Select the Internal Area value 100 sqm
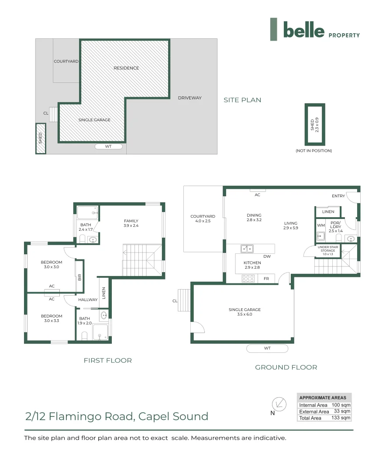click(x=341, y=405)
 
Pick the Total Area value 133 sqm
click(x=341, y=418)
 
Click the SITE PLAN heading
click(x=242, y=100)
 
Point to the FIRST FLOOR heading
click(x=107, y=360)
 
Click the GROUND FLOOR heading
click(x=286, y=367)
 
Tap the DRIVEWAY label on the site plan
click(x=190, y=98)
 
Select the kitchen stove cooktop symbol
click(x=248, y=278)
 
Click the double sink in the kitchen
click(x=247, y=249)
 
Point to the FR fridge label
click(x=266, y=278)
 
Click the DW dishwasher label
click(x=267, y=256)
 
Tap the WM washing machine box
click(x=320, y=225)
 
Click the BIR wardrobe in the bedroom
click(x=79, y=276)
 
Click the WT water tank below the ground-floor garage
click(x=267, y=348)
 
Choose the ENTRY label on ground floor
click(x=338, y=196)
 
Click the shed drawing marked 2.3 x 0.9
click(x=314, y=124)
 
